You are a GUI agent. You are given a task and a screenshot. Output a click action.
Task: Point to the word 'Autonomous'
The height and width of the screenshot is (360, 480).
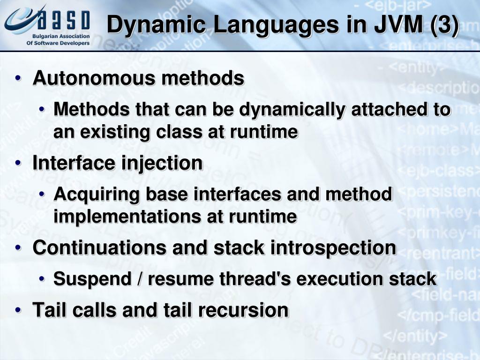tap(94, 78)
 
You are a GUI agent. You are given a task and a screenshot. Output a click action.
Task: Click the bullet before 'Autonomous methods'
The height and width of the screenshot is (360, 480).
tap(18, 78)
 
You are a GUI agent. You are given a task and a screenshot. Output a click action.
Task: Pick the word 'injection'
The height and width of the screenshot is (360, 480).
tap(162, 163)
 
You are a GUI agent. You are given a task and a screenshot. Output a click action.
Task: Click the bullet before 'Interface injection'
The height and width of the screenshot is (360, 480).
tap(18, 163)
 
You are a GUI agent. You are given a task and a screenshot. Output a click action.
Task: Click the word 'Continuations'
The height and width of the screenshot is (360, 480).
tap(99, 247)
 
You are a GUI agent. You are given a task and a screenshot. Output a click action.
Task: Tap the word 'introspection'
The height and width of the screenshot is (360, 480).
tap(333, 247)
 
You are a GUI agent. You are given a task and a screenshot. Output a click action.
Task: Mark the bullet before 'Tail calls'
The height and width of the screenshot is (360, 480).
tap(18, 310)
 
